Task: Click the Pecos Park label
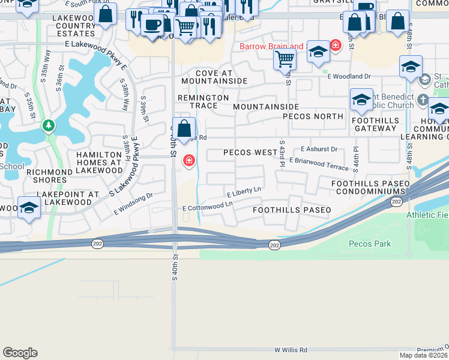point(370,244)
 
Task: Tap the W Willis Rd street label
point(291,350)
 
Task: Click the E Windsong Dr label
point(133,204)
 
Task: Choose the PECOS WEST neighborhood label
point(250,152)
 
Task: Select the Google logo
point(20,352)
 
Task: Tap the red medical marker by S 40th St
point(188,160)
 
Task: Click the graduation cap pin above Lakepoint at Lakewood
point(28,207)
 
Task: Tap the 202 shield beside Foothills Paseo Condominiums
point(396,201)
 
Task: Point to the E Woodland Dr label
point(349,76)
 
